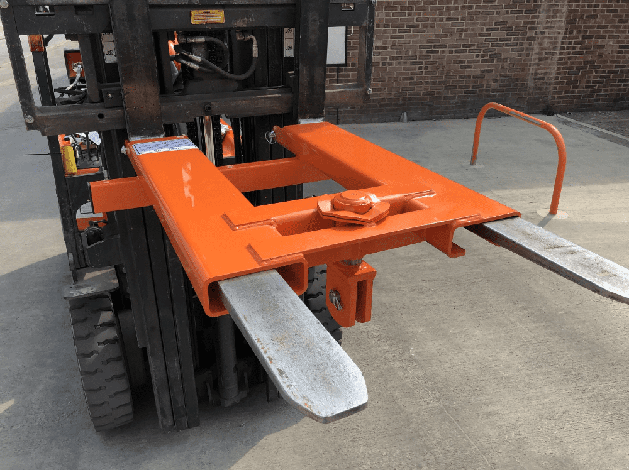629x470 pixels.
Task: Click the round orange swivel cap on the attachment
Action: (x=352, y=202)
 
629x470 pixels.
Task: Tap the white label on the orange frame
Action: (x=164, y=146)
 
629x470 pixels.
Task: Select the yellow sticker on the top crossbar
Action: (x=207, y=16)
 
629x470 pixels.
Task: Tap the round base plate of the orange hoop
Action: (x=552, y=214)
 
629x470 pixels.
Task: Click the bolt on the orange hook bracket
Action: (x=337, y=300)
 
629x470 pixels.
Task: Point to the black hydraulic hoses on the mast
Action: (x=214, y=60)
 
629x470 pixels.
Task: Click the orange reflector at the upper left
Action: (x=36, y=42)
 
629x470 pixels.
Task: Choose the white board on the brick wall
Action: (x=337, y=45)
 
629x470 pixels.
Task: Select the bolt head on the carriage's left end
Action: (x=28, y=118)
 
